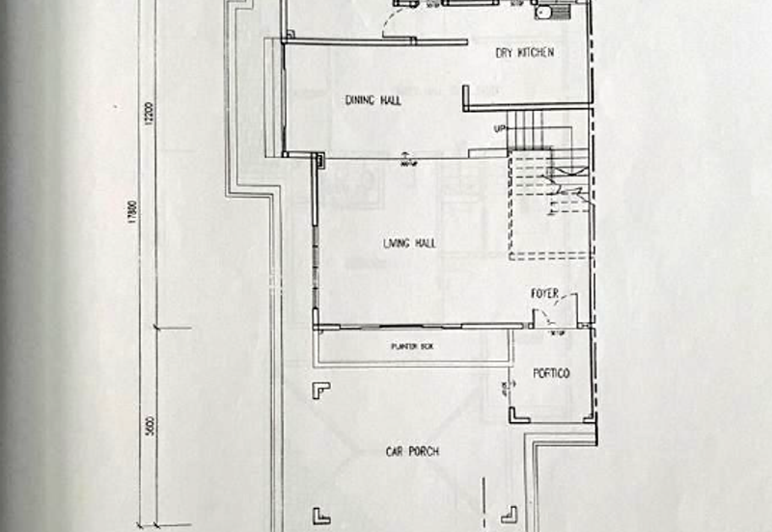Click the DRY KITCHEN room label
click(x=525, y=52)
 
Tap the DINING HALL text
click(x=372, y=100)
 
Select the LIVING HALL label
click(x=409, y=244)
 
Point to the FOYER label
click(x=544, y=293)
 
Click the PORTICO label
click(x=552, y=373)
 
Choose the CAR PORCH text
click(x=415, y=451)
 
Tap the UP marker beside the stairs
click(x=500, y=129)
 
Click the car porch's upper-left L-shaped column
click(x=320, y=388)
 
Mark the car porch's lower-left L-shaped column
click(x=321, y=516)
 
